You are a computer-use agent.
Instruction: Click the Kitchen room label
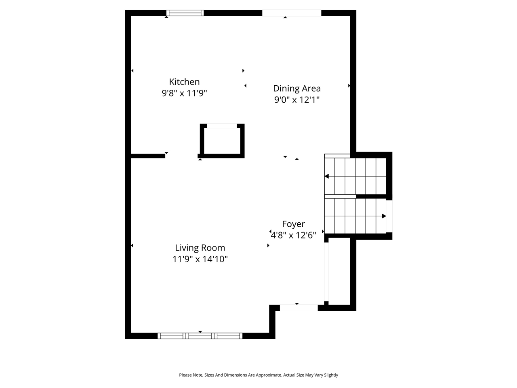tap(184, 82)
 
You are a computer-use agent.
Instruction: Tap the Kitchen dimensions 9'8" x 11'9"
tap(184, 93)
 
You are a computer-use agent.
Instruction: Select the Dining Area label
tap(297, 88)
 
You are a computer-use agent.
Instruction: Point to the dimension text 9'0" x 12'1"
tap(297, 99)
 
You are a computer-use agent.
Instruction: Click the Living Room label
tap(200, 248)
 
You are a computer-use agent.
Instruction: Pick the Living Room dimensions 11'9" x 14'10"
tap(200, 259)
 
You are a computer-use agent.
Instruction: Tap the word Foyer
tap(293, 224)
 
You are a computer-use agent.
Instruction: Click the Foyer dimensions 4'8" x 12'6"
tap(293, 235)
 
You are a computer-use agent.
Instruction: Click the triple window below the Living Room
tap(200, 335)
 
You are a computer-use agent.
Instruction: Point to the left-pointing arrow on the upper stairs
tap(327, 176)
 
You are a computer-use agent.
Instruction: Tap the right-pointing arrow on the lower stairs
tap(384, 216)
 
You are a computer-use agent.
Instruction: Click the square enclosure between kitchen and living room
tap(222, 141)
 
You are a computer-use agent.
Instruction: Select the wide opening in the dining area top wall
tap(292, 13)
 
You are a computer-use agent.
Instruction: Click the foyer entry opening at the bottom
tap(299, 308)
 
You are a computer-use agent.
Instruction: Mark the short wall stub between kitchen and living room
tap(148, 155)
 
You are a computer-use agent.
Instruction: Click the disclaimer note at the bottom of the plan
tap(258, 375)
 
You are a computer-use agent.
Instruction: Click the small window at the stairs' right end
tap(389, 216)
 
